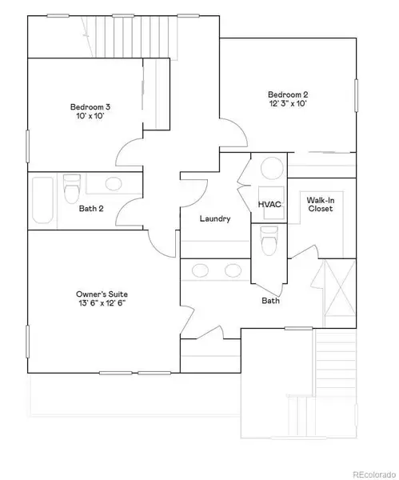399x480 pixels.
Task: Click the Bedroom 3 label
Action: coord(89,107)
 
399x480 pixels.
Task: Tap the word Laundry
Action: coord(215,218)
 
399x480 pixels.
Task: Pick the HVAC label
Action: coord(269,205)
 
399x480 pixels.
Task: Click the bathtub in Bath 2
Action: coord(42,201)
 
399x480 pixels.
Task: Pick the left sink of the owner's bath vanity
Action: coord(199,269)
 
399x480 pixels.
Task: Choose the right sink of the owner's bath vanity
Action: coord(233,269)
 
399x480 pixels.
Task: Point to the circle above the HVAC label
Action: coord(269,169)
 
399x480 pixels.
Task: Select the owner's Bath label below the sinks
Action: coord(269,301)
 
